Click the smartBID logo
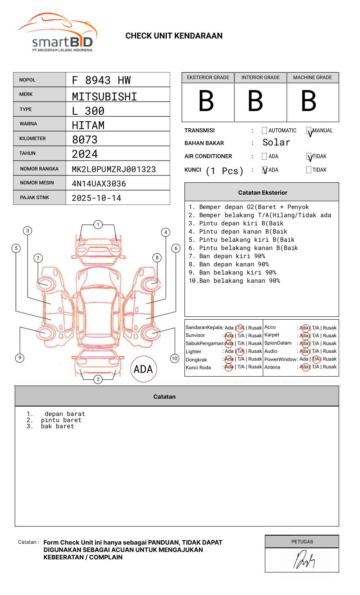pyautogui.click(x=58, y=33)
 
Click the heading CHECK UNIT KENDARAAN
pyautogui.click(x=174, y=36)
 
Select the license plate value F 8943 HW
pyautogui.click(x=101, y=80)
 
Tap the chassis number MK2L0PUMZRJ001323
pyautogui.click(x=114, y=169)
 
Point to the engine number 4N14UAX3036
pyautogui.click(x=99, y=184)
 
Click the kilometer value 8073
pyautogui.click(x=85, y=140)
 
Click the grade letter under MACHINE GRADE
pyautogui.click(x=309, y=101)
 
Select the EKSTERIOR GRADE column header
pyautogui.click(x=208, y=77)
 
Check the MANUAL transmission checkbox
pyautogui.click(x=309, y=131)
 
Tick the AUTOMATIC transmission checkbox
pyautogui.click(x=264, y=131)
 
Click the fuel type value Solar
pyautogui.click(x=276, y=143)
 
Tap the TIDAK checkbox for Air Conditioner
pyautogui.click(x=309, y=157)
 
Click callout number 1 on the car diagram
pyautogui.click(x=98, y=225)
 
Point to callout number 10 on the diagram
pyautogui.click(x=175, y=359)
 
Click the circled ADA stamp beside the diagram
pyautogui.click(x=144, y=369)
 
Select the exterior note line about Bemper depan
pyautogui.click(x=248, y=207)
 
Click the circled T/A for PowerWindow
pyautogui.click(x=316, y=359)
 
